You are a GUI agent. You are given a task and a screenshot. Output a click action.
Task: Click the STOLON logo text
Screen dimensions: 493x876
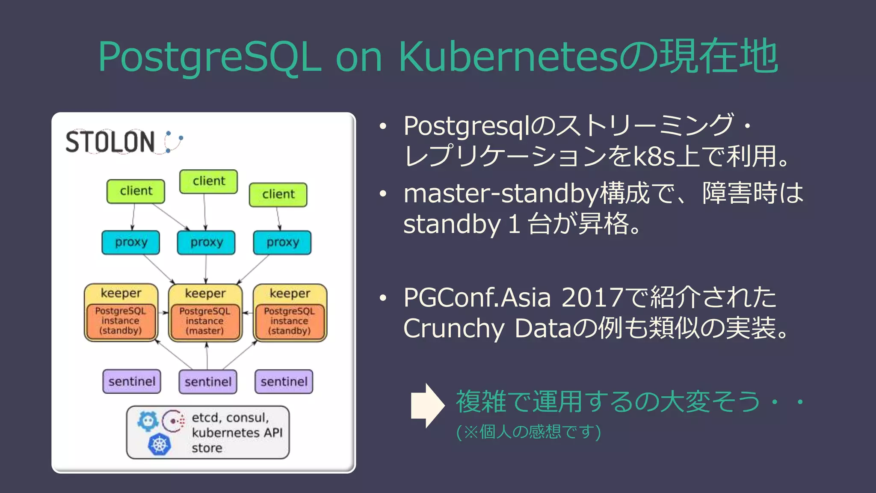[x=110, y=142]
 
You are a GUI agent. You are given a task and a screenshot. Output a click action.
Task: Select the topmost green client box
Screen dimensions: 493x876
[x=208, y=181]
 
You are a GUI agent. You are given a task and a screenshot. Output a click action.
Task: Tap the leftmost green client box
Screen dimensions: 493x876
[x=136, y=191]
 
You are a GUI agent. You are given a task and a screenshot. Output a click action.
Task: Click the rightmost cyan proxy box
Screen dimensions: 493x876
[x=282, y=243]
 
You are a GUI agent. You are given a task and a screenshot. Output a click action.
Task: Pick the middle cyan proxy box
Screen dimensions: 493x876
[x=206, y=243]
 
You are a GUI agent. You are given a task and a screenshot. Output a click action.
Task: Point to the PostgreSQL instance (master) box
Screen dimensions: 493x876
[x=205, y=321]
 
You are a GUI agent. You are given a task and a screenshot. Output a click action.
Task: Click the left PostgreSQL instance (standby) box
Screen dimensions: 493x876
[x=121, y=321]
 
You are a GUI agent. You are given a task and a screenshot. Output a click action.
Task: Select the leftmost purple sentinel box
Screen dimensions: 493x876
[x=132, y=381]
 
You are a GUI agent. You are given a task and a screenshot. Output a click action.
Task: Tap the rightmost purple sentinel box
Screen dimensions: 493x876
[x=284, y=381]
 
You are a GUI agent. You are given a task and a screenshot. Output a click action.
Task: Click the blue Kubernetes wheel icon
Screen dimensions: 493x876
[x=159, y=444]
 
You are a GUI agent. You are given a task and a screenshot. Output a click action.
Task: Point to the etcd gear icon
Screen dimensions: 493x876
[x=148, y=421]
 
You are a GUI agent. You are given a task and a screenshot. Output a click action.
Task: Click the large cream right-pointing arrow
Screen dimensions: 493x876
[x=427, y=405]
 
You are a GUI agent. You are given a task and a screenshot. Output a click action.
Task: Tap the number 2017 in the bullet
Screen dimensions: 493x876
[x=592, y=297]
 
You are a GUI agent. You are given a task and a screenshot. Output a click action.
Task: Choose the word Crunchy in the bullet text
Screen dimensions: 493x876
[x=454, y=329]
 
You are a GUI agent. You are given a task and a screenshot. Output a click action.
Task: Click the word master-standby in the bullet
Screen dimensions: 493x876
[x=501, y=193]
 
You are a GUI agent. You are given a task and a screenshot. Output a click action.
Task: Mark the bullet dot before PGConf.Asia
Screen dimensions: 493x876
[x=383, y=298]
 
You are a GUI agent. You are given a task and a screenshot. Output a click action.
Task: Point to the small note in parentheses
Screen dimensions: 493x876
[x=529, y=432]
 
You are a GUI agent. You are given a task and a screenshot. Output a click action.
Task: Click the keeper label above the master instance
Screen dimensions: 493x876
[x=205, y=293]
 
